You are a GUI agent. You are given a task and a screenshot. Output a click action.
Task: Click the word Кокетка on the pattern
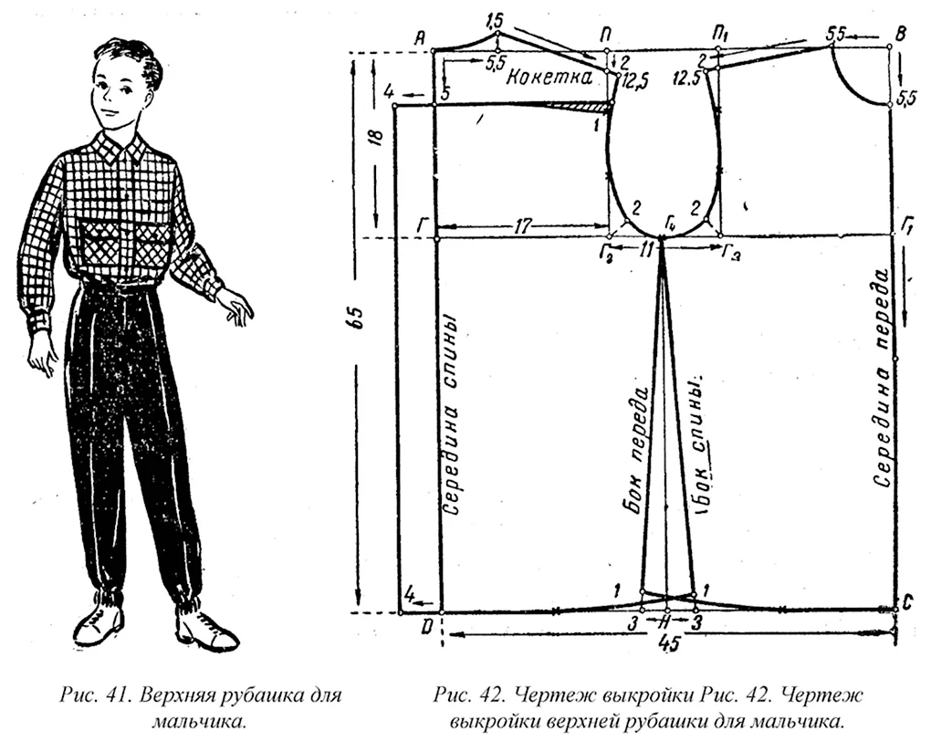tap(549, 78)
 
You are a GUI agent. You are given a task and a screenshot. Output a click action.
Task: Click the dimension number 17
tap(522, 226)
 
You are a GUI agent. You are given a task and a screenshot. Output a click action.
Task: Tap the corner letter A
tap(420, 39)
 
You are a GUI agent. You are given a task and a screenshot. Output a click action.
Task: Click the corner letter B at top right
tap(900, 34)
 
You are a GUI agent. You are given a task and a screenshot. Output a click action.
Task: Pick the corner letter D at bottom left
tap(427, 627)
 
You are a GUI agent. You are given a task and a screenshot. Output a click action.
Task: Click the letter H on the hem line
tap(667, 622)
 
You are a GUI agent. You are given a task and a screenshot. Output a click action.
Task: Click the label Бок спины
tap(701, 444)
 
